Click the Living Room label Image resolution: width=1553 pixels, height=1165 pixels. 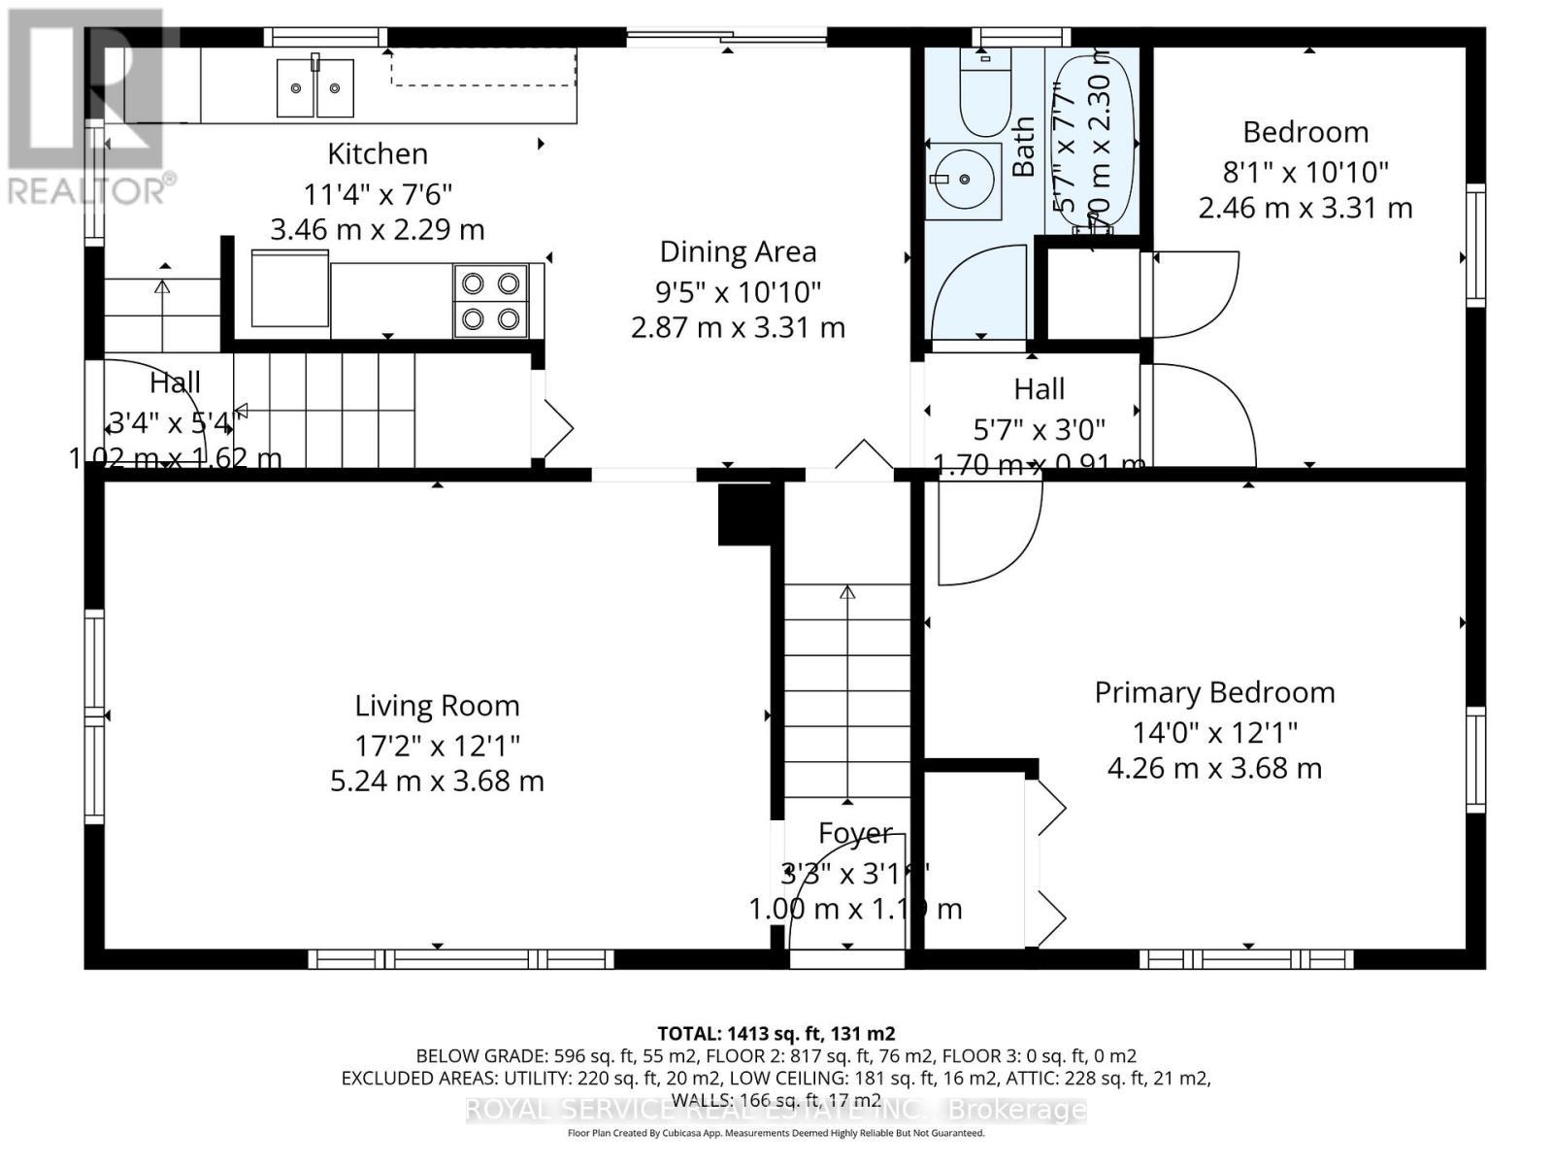(437, 705)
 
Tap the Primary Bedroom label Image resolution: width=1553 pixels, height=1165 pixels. (1214, 692)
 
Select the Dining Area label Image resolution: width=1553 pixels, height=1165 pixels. (738, 251)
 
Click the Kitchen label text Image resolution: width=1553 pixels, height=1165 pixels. (377, 153)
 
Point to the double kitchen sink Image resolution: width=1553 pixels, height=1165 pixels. (314, 87)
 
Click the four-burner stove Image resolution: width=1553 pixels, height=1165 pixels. (490, 301)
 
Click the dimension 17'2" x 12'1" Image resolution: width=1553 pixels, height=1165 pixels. (437, 746)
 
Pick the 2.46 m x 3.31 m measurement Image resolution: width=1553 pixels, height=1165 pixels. (1305, 208)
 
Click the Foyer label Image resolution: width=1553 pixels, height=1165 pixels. (854, 833)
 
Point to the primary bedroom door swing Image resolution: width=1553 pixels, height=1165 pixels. (985, 534)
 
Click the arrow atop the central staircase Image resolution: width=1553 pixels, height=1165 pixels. (847, 592)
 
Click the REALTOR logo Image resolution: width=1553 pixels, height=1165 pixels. (87, 107)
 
